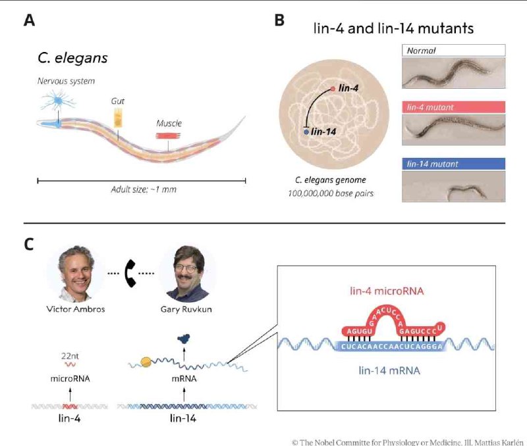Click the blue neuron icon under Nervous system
(x=59, y=101)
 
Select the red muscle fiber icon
(x=168, y=136)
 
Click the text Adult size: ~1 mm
(x=144, y=189)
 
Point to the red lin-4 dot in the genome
(x=333, y=89)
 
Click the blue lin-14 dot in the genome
(x=306, y=132)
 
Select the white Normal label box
(x=453, y=51)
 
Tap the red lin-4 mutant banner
(x=453, y=107)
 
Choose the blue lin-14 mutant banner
(x=453, y=164)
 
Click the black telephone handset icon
(x=130, y=273)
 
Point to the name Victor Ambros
(x=76, y=309)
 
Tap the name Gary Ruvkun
(x=186, y=309)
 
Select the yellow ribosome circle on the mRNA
(x=146, y=362)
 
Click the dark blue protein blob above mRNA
(x=184, y=339)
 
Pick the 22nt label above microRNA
(x=70, y=356)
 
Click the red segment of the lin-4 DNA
(x=70, y=407)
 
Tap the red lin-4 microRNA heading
(x=387, y=291)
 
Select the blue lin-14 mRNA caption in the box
(x=389, y=370)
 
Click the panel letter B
(x=279, y=20)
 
